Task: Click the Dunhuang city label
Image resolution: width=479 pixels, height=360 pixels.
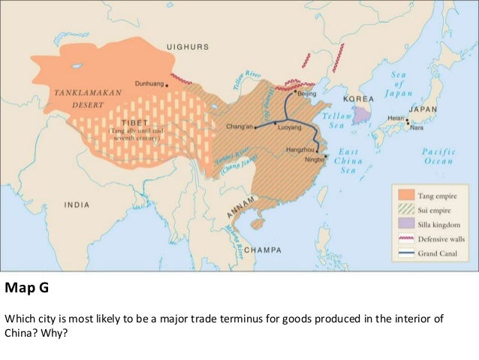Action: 147,84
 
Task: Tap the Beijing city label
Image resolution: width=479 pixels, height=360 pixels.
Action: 307,95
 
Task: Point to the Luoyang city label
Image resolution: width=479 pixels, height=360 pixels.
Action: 289,129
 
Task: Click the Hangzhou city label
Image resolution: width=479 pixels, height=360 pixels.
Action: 301,150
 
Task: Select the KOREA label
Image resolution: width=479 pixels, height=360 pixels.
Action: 357,99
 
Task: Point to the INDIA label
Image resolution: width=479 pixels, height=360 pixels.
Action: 76,204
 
